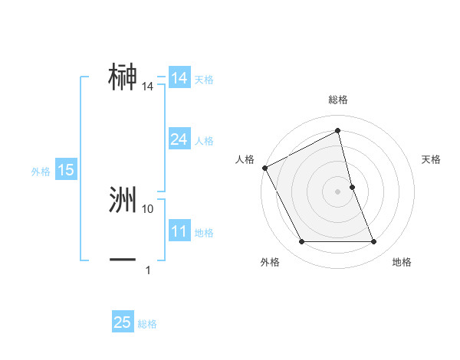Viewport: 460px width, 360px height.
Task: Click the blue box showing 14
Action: pyautogui.click(x=179, y=78)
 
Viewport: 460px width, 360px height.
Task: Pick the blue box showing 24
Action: pyautogui.click(x=179, y=139)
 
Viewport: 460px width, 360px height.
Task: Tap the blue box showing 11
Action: pyautogui.click(x=179, y=231)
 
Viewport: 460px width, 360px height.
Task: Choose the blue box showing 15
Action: pyautogui.click(x=66, y=170)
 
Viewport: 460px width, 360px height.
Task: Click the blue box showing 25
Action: pyautogui.click(x=123, y=322)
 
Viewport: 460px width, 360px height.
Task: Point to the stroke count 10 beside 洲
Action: pyautogui.click(x=148, y=208)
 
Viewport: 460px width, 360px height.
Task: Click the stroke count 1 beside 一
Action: pyautogui.click(x=148, y=270)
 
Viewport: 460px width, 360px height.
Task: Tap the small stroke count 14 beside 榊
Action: pyautogui.click(x=148, y=87)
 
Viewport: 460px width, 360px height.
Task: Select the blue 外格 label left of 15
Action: pyautogui.click(x=41, y=172)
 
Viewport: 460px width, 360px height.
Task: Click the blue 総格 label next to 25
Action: pyautogui.click(x=147, y=324)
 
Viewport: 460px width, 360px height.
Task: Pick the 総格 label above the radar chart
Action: pyautogui.click(x=338, y=100)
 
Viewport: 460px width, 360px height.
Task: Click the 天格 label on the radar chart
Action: pyautogui.click(x=432, y=159)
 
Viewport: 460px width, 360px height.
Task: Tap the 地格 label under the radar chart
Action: pyautogui.click(x=402, y=262)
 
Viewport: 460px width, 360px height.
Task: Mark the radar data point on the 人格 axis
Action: pyautogui.click(x=264, y=168)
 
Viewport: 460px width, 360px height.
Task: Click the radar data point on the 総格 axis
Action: pyautogui.click(x=338, y=131)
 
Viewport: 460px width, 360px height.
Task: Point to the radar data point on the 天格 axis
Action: pyautogui.click(x=352, y=186)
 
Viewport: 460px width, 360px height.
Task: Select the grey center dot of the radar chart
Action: pyautogui.click(x=338, y=191)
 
